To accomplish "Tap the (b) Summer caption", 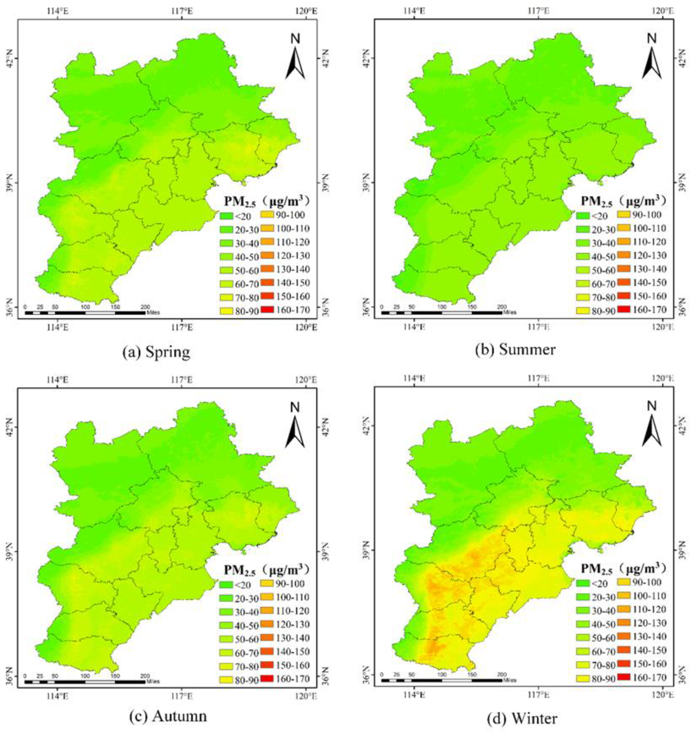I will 515,349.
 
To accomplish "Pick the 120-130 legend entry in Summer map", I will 641,256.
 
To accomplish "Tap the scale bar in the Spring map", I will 85,313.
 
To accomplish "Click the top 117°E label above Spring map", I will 182,11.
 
